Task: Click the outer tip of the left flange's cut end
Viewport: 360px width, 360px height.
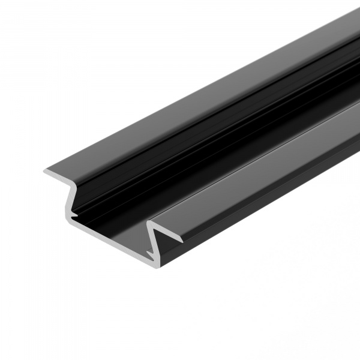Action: (44, 173)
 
